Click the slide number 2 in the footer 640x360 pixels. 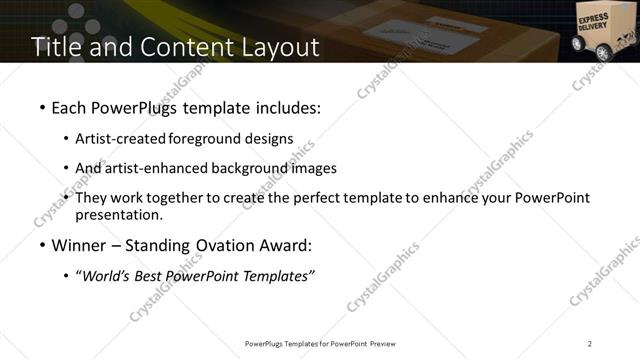590,343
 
